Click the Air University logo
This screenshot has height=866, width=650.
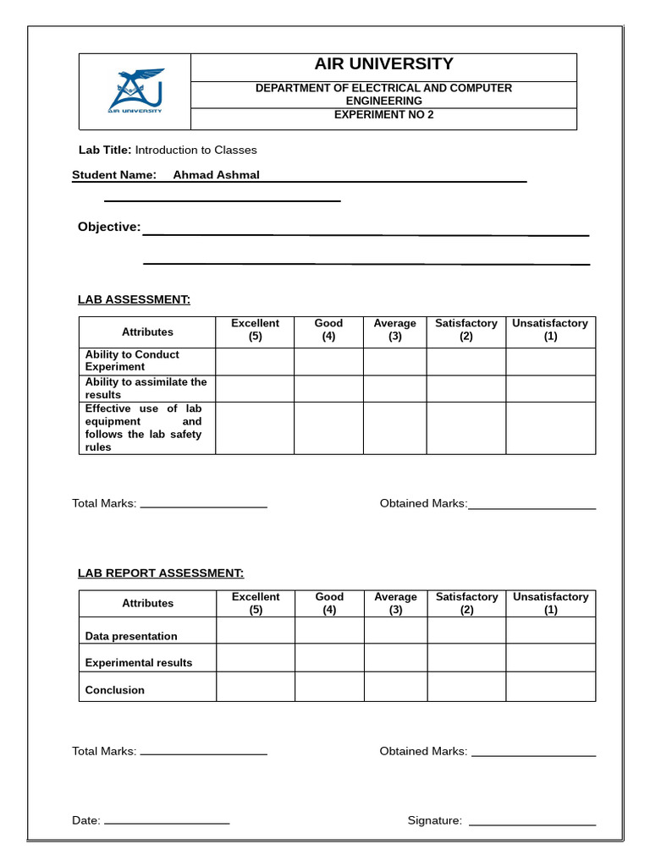coord(135,91)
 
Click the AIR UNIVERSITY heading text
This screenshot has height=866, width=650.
coord(383,64)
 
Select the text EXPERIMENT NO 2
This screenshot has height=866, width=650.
coord(383,115)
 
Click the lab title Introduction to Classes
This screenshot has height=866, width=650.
coord(196,151)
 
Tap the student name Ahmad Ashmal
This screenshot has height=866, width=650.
coord(216,175)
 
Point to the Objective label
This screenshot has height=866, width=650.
coord(109,227)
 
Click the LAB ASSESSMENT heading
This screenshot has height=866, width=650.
coord(134,299)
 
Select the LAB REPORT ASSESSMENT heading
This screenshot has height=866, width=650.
coord(161,573)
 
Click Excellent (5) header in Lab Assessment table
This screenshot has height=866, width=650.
coord(255,330)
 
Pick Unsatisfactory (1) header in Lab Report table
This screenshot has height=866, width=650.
coord(550,603)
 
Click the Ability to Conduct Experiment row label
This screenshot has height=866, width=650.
coord(132,361)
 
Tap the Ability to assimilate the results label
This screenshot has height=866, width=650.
coord(146,388)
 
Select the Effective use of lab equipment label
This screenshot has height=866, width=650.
coord(143,428)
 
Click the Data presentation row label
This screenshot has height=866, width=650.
coord(131,636)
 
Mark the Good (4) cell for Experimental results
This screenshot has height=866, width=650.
coord(329,658)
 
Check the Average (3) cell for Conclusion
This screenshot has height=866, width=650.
coord(395,687)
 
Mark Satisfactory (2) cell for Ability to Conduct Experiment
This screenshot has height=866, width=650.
coord(465,362)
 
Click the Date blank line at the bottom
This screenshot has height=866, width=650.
coord(166,821)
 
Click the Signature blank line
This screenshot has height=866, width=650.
coord(532,821)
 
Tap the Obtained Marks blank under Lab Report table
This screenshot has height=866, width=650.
coord(533,753)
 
